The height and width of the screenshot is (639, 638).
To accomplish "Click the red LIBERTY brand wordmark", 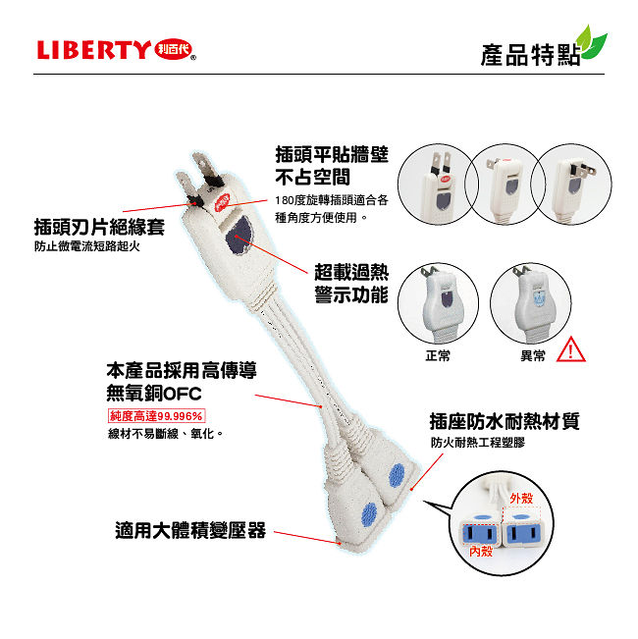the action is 93,50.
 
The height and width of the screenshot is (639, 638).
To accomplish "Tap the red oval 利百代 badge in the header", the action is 174,50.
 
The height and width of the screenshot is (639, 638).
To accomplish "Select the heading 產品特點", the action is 530,55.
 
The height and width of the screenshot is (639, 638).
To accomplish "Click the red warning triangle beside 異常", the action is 571,350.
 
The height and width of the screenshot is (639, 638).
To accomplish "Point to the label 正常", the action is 438,355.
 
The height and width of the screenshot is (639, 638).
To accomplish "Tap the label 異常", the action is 532,355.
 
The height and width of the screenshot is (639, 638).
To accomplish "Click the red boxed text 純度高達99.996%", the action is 156,416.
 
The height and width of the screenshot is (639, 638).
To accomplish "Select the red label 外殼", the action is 521,498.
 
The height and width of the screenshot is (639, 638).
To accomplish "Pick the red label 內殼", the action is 481,552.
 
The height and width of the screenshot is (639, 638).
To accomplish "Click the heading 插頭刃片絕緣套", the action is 99,227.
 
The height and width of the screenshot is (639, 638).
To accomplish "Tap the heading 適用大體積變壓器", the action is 190,531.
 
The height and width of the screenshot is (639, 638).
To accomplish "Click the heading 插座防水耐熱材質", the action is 505,421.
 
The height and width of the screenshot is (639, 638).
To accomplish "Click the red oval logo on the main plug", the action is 223,202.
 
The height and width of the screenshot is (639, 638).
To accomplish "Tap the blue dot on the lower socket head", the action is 369,514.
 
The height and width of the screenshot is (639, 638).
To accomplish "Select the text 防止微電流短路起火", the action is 87,246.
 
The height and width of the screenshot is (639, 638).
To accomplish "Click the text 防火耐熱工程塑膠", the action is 478,443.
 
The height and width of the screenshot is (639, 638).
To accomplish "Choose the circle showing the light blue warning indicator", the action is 530,303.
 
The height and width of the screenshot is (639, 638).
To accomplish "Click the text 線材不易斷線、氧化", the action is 166,434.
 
